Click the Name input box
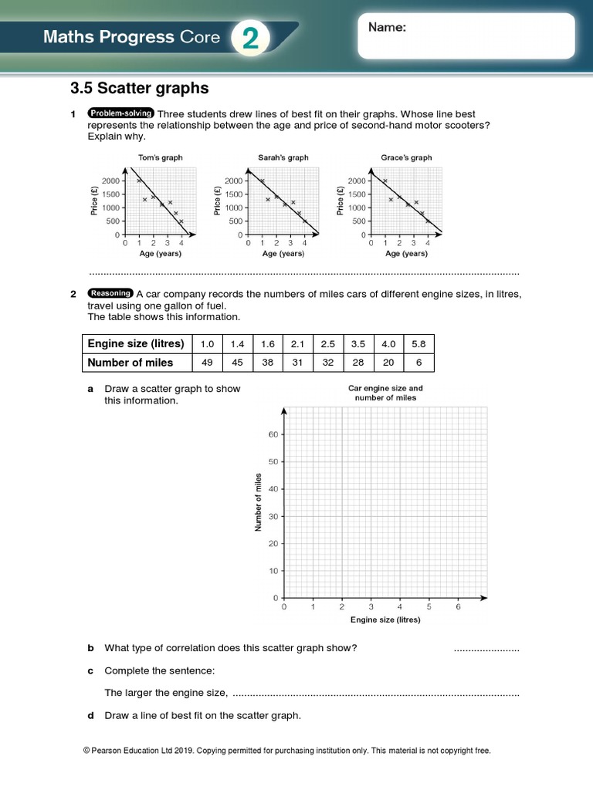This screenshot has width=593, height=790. pos(466,36)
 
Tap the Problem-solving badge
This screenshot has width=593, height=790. pos(121,113)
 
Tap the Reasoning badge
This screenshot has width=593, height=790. pos(111,293)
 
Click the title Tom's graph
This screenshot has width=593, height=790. pos(160,157)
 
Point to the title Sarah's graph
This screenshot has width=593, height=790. pos(283,157)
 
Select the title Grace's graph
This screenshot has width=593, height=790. pos(406,157)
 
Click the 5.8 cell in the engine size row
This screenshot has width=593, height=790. pos(418,343)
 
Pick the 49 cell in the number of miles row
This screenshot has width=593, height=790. pos(207,363)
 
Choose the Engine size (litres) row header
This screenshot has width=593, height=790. pos(136,343)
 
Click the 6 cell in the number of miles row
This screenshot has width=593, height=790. pos(418,363)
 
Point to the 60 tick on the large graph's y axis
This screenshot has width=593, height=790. pos(273,434)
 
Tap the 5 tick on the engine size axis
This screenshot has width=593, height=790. pos(429,607)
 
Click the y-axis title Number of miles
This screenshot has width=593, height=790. pos(259,502)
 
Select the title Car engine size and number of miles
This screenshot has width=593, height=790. pos(385,393)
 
